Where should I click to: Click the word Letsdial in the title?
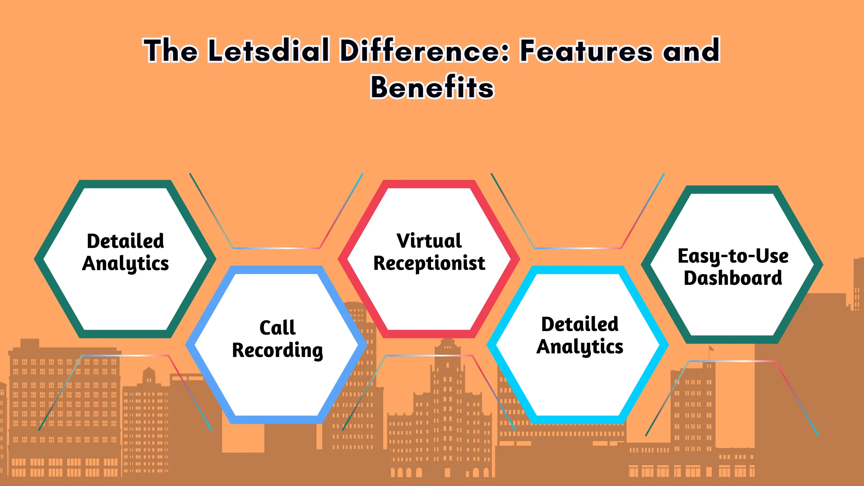268,51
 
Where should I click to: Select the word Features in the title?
586,51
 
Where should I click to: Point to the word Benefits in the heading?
432,87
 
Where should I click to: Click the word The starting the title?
170,51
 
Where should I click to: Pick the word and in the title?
691,51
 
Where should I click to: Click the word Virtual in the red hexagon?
429,241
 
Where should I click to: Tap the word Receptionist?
429,264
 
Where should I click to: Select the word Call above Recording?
277,328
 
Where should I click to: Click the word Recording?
277,350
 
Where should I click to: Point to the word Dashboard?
733,278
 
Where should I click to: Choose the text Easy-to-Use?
733,256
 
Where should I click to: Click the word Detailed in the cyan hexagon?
580,324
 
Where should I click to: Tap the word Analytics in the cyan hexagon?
580,347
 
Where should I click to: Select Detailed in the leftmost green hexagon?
125,241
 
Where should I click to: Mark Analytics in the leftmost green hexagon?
125,264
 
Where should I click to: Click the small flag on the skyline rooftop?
711,348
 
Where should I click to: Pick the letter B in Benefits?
381,87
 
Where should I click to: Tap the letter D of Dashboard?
691,278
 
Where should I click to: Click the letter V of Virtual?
403,241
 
